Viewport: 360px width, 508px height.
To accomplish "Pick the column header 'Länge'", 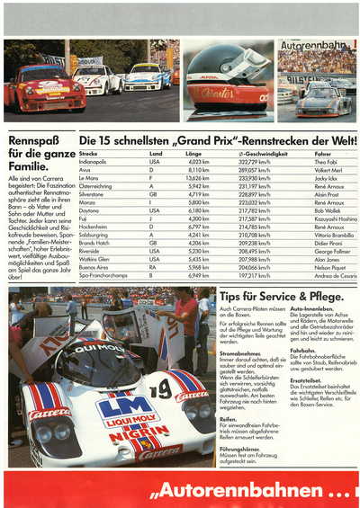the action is (x=195, y=154).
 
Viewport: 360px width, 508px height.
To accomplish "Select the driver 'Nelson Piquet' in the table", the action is (x=328, y=267).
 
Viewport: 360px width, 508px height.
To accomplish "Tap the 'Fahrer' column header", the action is (x=321, y=154).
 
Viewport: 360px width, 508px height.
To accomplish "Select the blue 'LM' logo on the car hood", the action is (x=123, y=409).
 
